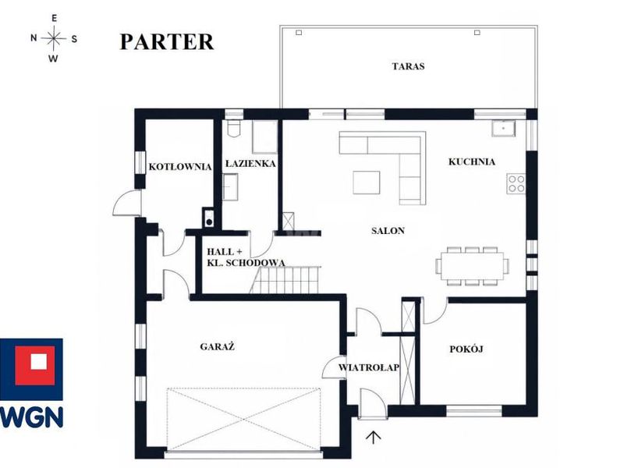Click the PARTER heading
click(167, 42)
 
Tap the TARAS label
click(408, 66)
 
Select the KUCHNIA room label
click(472, 161)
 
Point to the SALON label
click(388, 230)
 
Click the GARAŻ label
click(218, 346)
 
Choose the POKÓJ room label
click(466, 349)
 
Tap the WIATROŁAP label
click(369, 367)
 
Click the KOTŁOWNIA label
click(180, 166)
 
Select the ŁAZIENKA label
click(250, 163)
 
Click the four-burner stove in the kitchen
click(516, 184)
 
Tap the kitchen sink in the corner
click(503, 128)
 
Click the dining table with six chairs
click(472, 266)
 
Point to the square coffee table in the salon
click(367, 183)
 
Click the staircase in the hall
click(285, 280)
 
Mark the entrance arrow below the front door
click(374, 437)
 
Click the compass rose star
click(53, 38)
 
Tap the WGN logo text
click(31, 417)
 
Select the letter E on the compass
click(54, 18)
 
